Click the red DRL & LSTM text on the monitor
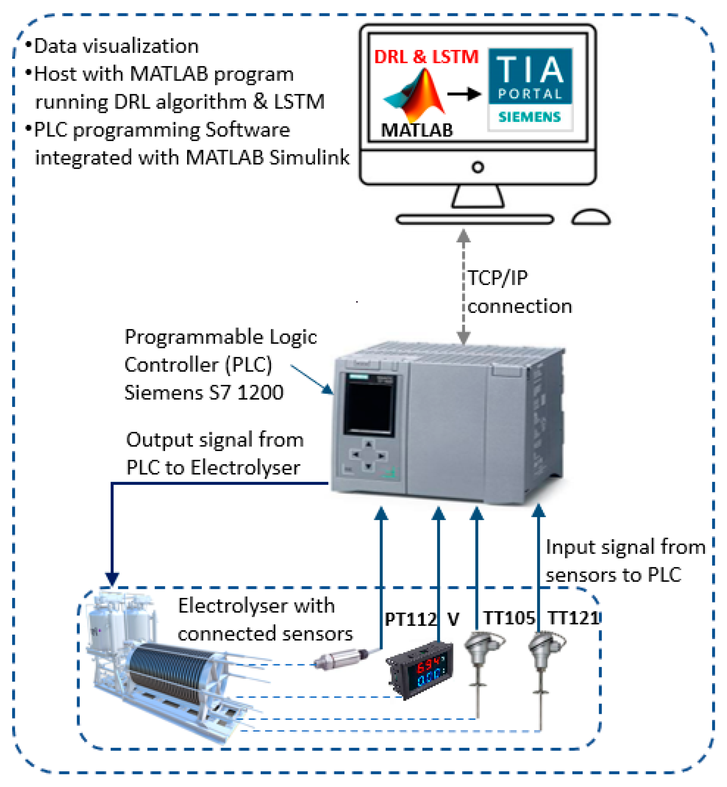pyautogui.click(x=426, y=57)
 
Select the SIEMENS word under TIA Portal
pyautogui.click(x=529, y=117)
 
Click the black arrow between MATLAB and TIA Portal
pyautogui.click(x=464, y=94)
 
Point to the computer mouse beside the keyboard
pyautogui.click(x=591, y=217)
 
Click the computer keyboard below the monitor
pyautogui.click(x=475, y=219)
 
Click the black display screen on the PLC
pyautogui.click(x=369, y=404)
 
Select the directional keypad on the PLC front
pyautogui.click(x=368, y=455)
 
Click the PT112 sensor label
pyautogui.click(x=411, y=620)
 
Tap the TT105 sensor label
pyautogui.click(x=509, y=618)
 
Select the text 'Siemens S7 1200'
pyautogui.click(x=204, y=393)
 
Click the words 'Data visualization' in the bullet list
pyautogui.click(x=116, y=46)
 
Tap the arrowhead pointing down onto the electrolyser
pyautogui.click(x=112, y=579)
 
